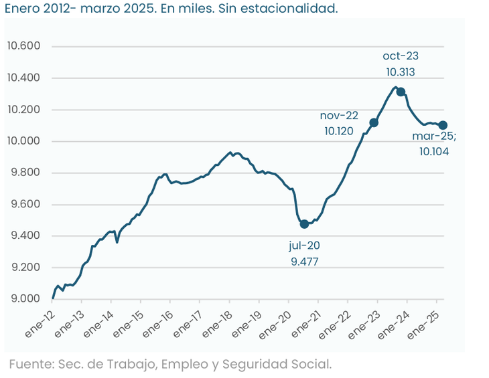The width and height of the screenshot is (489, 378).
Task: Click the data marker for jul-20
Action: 304,223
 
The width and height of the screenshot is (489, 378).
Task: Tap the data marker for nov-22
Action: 374,122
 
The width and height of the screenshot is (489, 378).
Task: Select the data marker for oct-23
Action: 401,92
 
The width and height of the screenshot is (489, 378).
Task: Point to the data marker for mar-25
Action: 443,125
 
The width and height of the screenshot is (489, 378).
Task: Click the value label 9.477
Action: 304,262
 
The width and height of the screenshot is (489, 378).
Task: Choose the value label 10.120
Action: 338,131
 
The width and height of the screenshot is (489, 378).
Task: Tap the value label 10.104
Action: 434,152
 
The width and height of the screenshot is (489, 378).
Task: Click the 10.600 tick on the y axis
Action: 23,46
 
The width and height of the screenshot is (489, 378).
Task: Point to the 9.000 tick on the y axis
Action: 23,299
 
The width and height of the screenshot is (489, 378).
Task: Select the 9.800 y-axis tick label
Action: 23,173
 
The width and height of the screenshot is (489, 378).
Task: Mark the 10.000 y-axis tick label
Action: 23,141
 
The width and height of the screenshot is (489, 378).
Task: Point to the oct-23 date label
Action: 401,56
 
